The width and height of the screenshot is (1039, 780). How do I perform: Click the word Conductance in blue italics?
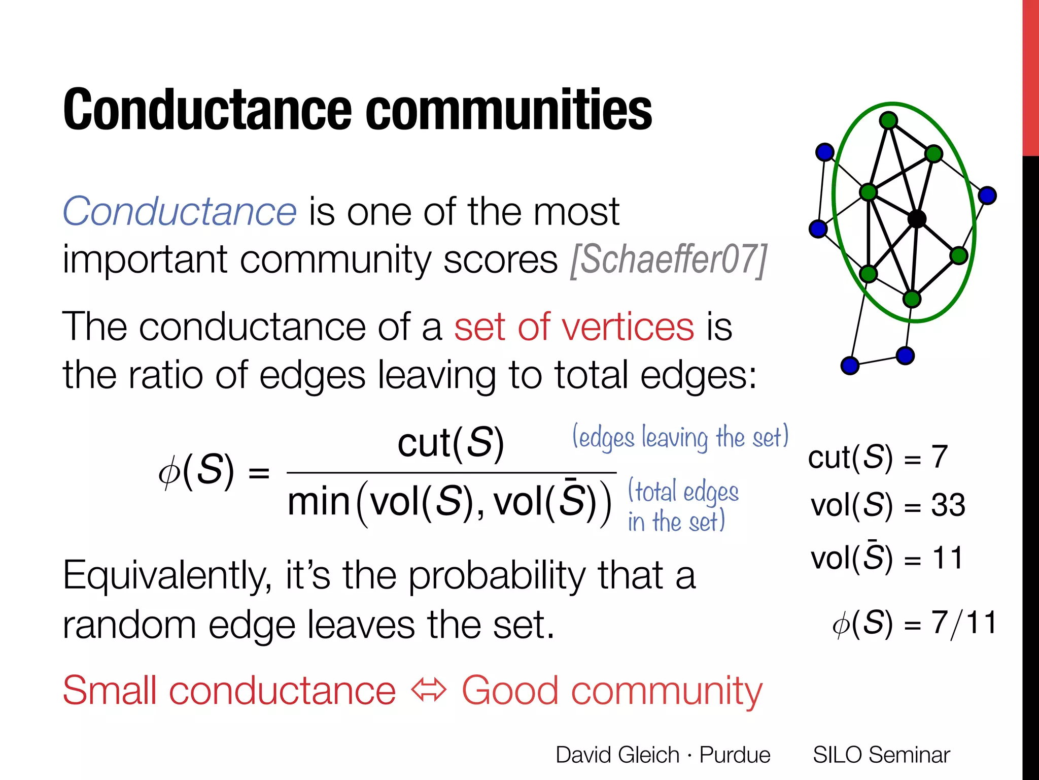pos(179,211)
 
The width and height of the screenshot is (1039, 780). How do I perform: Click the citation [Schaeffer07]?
pos(668,260)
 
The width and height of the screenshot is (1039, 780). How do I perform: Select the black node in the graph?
pos(917,219)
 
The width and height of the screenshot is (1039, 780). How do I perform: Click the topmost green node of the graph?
pos(888,120)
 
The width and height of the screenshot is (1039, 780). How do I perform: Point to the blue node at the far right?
pos(987,195)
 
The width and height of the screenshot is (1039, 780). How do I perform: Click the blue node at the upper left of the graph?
pos(825,151)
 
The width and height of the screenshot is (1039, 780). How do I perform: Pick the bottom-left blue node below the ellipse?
pos(850,365)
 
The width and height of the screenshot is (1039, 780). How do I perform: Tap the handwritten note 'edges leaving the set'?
pos(680,437)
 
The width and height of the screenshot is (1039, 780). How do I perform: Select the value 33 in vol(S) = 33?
pos(948,505)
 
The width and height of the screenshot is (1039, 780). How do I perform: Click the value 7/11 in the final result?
pos(964,623)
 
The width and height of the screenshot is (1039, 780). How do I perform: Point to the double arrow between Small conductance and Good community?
pos(429,691)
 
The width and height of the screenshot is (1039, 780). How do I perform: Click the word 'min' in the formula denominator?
pos(319,502)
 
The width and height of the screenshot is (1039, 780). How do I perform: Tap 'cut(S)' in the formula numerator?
pos(451,442)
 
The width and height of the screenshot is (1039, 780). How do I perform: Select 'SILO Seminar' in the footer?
pos(881,755)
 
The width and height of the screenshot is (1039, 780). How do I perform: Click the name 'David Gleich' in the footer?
pos(617,755)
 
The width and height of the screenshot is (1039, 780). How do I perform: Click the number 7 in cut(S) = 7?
pos(939,457)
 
